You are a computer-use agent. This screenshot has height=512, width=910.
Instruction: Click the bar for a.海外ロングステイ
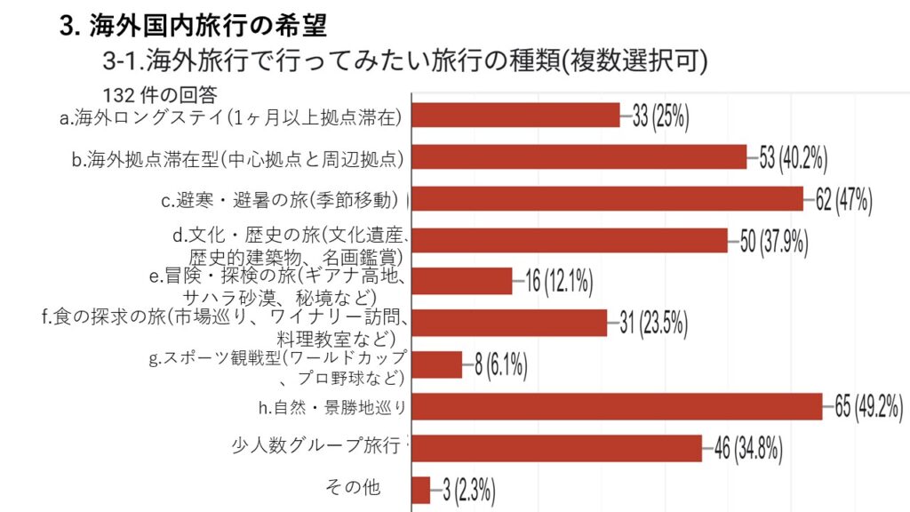(x=515, y=116)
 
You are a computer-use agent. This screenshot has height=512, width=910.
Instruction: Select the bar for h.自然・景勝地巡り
(x=618, y=407)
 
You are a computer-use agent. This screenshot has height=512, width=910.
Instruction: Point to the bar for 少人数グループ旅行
(x=557, y=448)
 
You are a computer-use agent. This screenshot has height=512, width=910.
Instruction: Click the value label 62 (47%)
(x=843, y=199)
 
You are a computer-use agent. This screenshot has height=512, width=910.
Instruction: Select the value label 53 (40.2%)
(x=794, y=158)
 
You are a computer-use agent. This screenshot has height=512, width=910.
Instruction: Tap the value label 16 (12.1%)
(x=559, y=282)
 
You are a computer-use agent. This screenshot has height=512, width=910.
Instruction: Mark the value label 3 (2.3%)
(x=468, y=490)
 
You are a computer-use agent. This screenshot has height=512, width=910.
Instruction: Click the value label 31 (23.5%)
(x=653, y=324)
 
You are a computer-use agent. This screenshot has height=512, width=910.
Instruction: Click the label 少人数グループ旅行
(x=315, y=445)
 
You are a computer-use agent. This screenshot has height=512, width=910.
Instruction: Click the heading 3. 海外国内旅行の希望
(x=193, y=27)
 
